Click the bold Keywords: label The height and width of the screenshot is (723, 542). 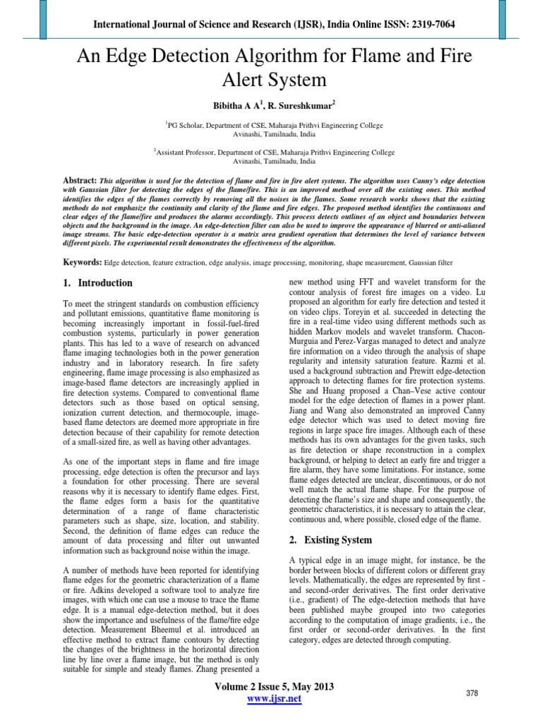(82, 262)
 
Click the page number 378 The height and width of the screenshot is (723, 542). (472, 694)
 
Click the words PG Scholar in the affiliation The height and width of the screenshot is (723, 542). (188, 124)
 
